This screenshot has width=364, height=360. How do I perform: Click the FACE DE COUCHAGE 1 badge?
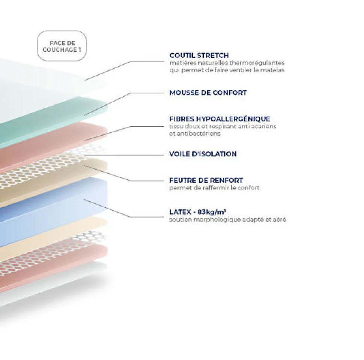point(62,46)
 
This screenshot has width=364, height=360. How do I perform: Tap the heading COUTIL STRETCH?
point(199,55)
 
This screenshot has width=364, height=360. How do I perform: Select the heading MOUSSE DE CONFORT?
point(208,92)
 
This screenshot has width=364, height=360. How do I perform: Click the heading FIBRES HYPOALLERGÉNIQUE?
point(220,119)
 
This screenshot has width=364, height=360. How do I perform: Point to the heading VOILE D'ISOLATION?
point(203,154)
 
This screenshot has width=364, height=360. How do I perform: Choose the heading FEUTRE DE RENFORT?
point(206,180)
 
